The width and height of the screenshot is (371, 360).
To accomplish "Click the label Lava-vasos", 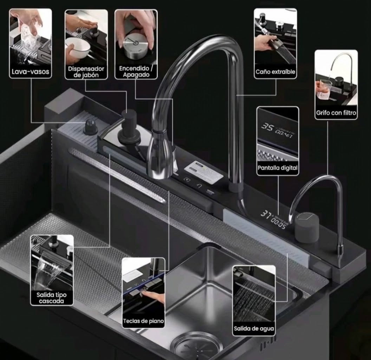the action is pos(31,71).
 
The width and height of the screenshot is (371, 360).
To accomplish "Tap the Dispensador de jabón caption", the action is pos(86,72).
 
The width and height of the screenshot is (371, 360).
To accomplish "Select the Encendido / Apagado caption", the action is pos(136,71).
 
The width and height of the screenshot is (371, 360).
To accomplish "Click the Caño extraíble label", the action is pos(275,72).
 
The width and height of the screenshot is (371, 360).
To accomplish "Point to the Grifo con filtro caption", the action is pos(336,113).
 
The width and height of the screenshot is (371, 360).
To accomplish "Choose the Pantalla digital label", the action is pos(278,168).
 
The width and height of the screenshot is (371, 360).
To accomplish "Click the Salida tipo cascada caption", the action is pos(52,298).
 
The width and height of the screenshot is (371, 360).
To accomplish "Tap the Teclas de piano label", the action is pos(143,321).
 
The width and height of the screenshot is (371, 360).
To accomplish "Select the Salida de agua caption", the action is pos(254,328).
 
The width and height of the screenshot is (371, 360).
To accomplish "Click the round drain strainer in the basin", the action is pos(196,346).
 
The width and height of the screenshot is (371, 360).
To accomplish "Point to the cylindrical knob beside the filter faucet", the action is pos(307,227).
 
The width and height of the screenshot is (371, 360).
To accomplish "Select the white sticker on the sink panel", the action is pos(203,172).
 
